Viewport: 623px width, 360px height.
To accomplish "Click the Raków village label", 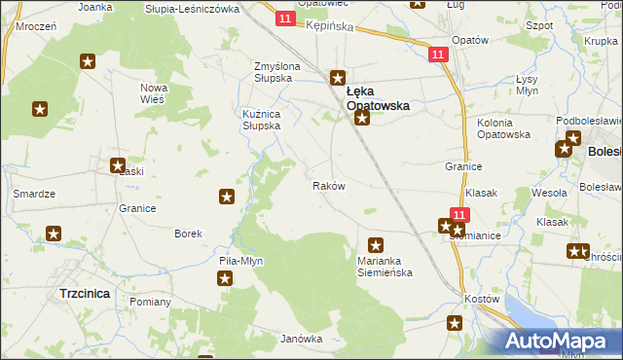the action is pyautogui.click(x=328, y=185).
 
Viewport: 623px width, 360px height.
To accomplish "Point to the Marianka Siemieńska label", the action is pyautogui.click(x=384, y=266).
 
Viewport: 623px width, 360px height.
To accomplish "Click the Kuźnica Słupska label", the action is pyautogui.click(x=268, y=119).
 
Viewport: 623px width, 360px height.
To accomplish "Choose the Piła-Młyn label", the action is pyautogui.click(x=240, y=261).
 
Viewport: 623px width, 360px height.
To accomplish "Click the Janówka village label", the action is pyautogui.click(x=301, y=339).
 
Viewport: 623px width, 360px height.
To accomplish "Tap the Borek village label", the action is pyautogui.click(x=188, y=234).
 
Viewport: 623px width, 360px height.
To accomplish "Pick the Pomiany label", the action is pyautogui.click(x=150, y=302).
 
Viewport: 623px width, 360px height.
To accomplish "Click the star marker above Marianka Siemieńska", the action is pyautogui.click(x=376, y=245).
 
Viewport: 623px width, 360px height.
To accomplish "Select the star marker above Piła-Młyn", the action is pyautogui.click(x=225, y=278).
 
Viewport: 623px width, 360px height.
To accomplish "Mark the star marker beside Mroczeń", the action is pyautogui.click(x=87, y=62).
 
